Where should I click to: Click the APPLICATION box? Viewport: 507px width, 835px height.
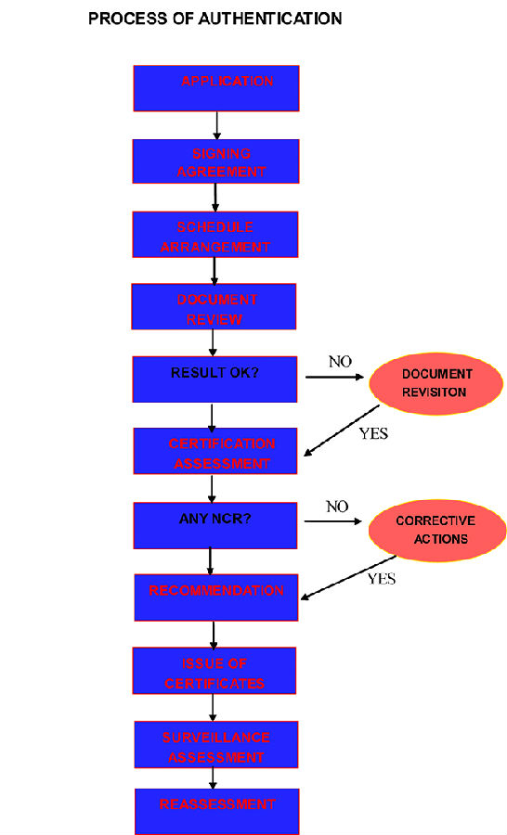(x=216, y=88)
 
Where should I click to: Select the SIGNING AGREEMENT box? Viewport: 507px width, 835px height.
(x=216, y=161)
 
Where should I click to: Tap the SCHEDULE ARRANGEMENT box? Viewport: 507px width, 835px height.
(x=215, y=235)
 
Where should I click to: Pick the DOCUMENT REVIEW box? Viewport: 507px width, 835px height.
(x=214, y=306)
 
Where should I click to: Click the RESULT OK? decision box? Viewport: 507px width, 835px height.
(x=214, y=379)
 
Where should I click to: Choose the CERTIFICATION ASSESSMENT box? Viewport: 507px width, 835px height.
(x=215, y=451)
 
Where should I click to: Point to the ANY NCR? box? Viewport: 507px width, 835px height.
(x=215, y=526)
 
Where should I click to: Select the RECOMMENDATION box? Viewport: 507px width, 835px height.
(x=216, y=597)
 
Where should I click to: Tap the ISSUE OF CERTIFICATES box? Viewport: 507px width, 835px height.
(x=214, y=671)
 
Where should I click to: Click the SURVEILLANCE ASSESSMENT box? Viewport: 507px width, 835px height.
(x=216, y=744)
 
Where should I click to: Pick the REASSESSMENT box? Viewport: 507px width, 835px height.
(x=217, y=812)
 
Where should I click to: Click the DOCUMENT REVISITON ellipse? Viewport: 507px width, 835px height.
(x=436, y=383)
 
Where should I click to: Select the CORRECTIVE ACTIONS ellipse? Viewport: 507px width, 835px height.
(x=437, y=531)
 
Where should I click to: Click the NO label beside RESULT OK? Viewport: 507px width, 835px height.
(x=340, y=362)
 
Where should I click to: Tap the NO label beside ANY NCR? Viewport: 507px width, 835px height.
(x=337, y=507)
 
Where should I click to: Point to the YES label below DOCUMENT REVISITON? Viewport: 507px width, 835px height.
(x=373, y=433)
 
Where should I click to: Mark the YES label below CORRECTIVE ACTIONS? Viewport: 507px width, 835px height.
(x=382, y=578)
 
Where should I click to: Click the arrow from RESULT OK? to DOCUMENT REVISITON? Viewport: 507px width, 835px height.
(x=334, y=377)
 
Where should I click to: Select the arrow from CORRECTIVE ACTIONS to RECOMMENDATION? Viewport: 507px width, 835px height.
(x=348, y=578)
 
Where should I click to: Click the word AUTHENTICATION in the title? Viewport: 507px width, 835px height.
(x=270, y=19)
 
